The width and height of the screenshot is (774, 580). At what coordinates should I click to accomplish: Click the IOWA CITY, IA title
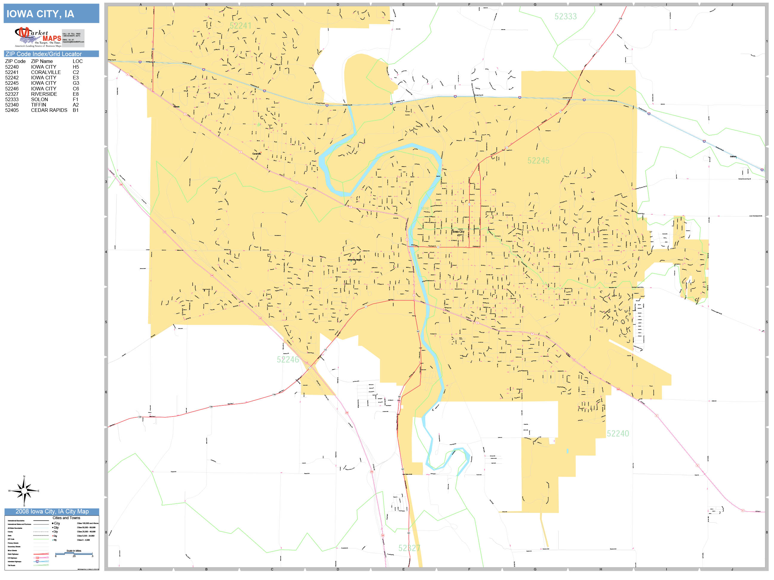pos(40,14)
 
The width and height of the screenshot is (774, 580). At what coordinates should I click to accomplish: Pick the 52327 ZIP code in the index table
pos(12,94)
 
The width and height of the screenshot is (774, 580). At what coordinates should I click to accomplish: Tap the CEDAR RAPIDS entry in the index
pos(49,110)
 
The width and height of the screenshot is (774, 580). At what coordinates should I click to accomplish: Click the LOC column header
pos(78,61)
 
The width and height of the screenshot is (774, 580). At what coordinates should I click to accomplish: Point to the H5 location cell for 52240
pos(76,67)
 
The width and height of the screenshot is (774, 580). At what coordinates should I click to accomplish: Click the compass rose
pos(24,491)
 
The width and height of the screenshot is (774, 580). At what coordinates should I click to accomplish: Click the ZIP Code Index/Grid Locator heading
pos(43,54)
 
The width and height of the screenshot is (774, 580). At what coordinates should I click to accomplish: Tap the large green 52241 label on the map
pos(240,26)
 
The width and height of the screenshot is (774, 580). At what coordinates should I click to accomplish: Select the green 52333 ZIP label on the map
pos(566,16)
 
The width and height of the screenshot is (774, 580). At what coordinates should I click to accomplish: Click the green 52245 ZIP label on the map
pos(538,161)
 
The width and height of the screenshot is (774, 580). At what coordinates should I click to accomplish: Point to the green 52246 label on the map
pos(288,360)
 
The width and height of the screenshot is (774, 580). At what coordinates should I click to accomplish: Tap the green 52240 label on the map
pos(618,434)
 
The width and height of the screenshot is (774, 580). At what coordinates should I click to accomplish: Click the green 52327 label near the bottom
pos(409,548)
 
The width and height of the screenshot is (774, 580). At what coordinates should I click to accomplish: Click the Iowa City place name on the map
pos(458,232)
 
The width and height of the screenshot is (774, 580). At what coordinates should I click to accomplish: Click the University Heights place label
pos(354,260)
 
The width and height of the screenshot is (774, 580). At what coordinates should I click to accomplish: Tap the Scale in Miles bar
pos(74,553)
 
